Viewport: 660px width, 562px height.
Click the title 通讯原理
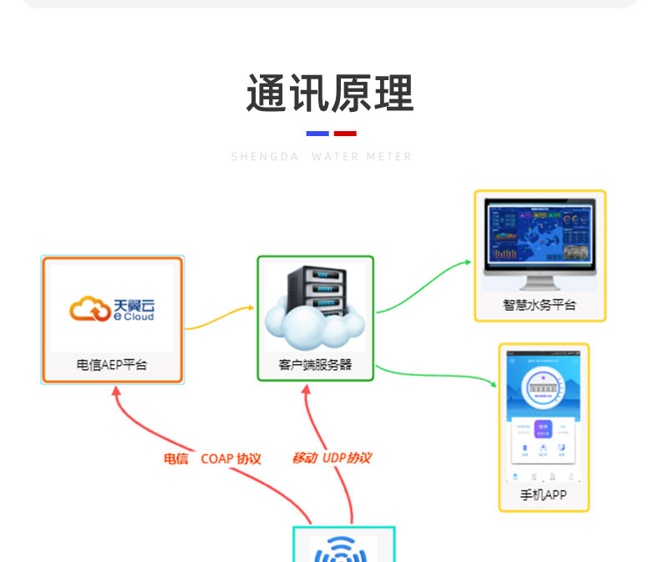329,94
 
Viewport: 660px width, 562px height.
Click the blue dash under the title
317,134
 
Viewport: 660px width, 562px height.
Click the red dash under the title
345,134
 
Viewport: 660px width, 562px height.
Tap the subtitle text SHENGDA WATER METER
322,157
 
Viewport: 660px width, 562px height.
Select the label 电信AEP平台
112,365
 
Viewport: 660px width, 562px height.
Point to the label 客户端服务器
315,365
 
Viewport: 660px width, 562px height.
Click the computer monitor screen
540,242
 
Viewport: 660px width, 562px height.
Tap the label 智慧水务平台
540,305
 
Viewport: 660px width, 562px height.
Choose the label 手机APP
544,494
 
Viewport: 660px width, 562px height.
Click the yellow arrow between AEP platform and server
219,317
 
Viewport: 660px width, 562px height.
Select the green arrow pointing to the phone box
434,374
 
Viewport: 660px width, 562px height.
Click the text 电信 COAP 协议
212,458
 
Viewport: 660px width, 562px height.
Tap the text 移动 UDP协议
331,458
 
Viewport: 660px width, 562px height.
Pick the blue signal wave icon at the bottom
343,549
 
